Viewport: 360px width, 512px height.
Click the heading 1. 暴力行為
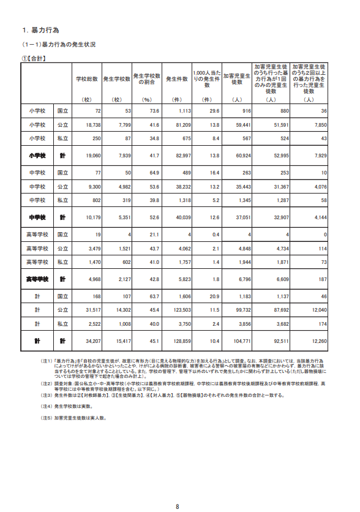[x=42, y=30]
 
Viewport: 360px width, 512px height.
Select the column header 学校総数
[x=87, y=79]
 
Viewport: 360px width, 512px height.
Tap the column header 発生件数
[x=176, y=79]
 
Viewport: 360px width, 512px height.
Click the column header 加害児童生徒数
[x=237, y=79]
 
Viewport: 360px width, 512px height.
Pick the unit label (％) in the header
[x=147, y=99]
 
